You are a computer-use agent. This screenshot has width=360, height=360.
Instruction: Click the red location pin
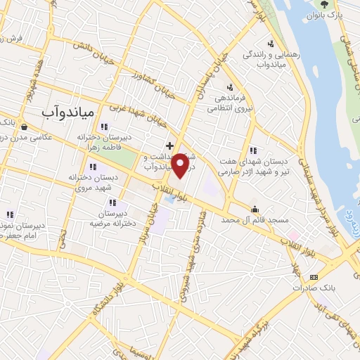[x=181, y=165]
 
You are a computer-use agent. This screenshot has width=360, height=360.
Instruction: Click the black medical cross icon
[x=169, y=146]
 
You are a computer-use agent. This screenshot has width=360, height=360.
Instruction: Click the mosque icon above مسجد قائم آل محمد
[x=254, y=209]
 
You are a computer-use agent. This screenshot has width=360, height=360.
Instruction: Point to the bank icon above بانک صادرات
[x=314, y=276]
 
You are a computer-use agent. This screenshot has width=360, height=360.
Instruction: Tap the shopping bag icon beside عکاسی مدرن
[x=25, y=127]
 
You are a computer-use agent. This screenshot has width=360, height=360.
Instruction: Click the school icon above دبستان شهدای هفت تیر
[x=252, y=150]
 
